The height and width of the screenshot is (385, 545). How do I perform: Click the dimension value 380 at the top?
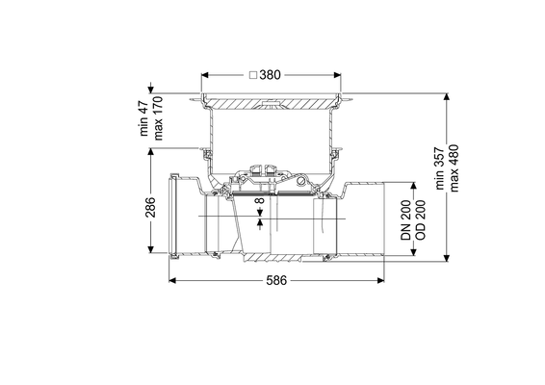click(x=270, y=75)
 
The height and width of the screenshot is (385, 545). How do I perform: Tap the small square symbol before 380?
click(x=253, y=75)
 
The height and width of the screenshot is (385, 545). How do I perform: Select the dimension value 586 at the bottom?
click(x=276, y=280)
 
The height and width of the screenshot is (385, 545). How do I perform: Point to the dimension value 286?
click(x=150, y=207)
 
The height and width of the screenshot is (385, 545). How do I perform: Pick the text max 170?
click(x=158, y=118)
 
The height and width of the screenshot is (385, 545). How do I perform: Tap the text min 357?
click(x=440, y=168)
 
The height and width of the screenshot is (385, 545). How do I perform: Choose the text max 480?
click(x=454, y=168)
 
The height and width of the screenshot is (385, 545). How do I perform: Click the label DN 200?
click(x=405, y=220)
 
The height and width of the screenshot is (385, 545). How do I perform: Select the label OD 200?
click(x=420, y=220)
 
